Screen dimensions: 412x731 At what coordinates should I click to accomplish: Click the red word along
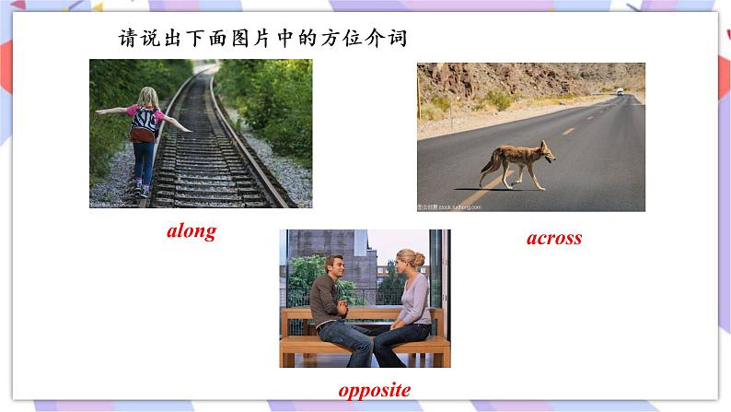click(x=191, y=231)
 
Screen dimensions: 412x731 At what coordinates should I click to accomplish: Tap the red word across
click(x=554, y=238)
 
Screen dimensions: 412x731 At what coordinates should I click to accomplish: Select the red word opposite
click(x=374, y=389)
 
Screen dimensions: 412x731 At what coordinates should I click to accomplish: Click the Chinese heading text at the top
click(x=263, y=39)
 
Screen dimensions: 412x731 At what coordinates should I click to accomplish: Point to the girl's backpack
click(x=143, y=121)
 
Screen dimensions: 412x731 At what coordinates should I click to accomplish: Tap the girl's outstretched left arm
click(x=111, y=111)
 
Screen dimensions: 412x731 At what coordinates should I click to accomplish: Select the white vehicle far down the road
click(x=619, y=91)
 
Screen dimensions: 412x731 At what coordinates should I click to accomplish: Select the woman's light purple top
click(x=413, y=300)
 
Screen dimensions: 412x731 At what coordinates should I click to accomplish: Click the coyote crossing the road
click(x=516, y=162)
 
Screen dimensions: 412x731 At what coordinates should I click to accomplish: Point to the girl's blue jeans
click(x=143, y=161)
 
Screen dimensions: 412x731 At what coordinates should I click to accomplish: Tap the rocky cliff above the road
click(x=497, y=78)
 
